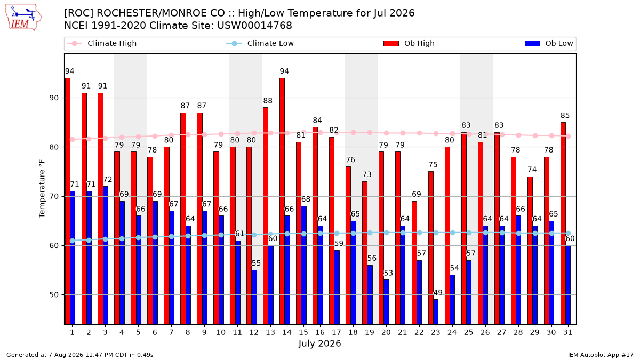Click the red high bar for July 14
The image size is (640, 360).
[x=282, y=201]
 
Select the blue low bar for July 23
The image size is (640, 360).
[x=436, y=312]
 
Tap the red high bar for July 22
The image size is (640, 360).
[x=414, y=263]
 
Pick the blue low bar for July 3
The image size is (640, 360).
[x=106, y=255]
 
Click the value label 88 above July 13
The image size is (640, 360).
[x=268, y=101]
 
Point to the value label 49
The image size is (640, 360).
[x=438, y=293]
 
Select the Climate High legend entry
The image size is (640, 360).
[x=102, y=43]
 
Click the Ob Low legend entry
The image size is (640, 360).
[x=549, y=43]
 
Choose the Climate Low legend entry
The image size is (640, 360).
[x=260, y=43]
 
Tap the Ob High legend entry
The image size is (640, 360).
[x=409, y=43]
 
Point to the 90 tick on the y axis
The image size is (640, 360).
[x=54, y=98]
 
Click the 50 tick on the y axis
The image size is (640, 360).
[x=54, y=295]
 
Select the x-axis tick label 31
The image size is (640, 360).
[x=567, y=332]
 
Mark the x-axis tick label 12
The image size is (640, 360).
[x=254, y=332]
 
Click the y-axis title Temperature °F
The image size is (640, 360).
[x=42, y=189]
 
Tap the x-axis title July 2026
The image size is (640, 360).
[x=319, y=343]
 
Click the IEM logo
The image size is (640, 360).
[x=23, y=18]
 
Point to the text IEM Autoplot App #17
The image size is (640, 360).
[x=601, y=355]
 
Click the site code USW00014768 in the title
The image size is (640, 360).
[x=254, y=26]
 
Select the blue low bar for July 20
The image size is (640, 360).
[x=386, y=302]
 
